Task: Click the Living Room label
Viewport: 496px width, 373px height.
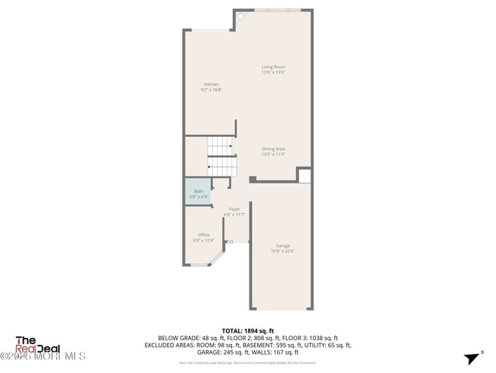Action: coord(273,67)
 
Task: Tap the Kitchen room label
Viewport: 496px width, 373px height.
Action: coord(211,84)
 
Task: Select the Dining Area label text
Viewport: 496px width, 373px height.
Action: coord(273,149)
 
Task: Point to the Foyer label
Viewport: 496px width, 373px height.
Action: coord(234,209)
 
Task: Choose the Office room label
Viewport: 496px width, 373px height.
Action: coord(204,235)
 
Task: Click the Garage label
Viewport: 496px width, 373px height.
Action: coord(282,245)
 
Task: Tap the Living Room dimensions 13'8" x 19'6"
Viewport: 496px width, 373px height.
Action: coord(273,73)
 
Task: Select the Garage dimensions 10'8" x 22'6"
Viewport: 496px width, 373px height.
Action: coord(282,251)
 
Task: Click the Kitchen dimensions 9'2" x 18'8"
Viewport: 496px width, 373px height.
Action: coord(211,89)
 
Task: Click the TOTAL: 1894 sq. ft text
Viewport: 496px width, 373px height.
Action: coord(247,330)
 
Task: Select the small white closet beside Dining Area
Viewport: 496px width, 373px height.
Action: coord(304,176)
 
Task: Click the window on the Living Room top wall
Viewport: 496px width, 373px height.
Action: coord(277,10)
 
